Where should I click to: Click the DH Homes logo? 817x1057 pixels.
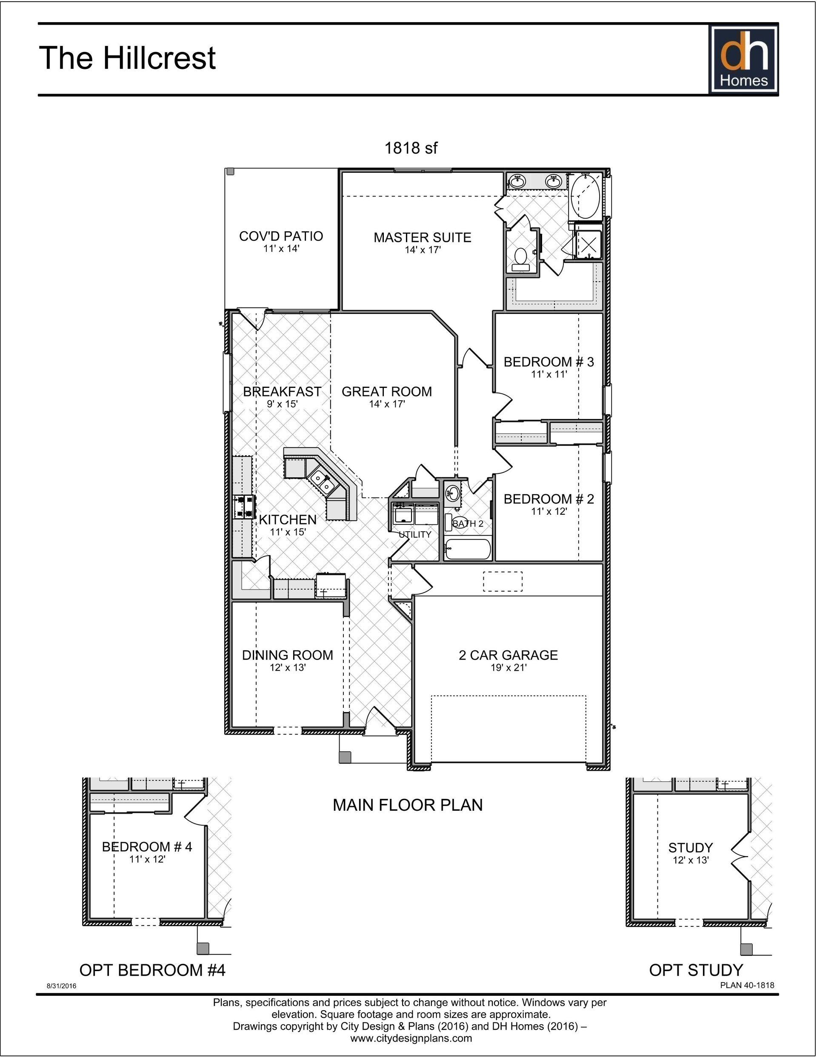click(743, 60)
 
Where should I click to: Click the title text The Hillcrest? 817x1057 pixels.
click(127, 58)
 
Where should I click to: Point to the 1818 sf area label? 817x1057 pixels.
click(411, 148)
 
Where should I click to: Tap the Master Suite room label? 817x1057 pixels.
click(422, 238)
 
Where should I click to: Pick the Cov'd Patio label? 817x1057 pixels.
click(281, 236)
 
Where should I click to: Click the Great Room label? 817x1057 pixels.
click(386, 391)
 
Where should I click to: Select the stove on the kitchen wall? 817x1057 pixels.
click(243, 507)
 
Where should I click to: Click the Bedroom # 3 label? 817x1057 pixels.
click(548, 362)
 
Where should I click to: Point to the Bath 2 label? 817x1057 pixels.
click(468, 524)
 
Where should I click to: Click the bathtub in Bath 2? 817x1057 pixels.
click(467, 549)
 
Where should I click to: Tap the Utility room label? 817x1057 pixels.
click(414, 534)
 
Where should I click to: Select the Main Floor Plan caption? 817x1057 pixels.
click(407, 805)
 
